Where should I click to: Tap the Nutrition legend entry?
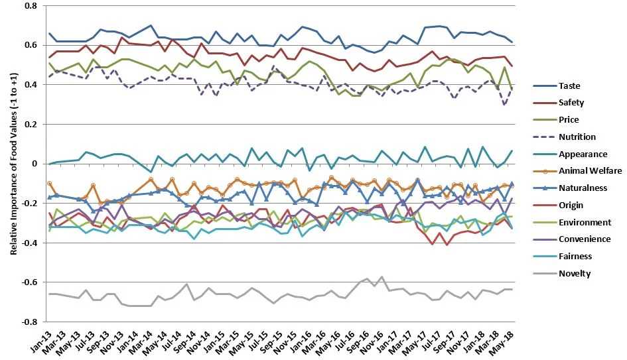pyautogui.click(x=577, y=137)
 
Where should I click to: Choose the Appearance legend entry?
pyautogui.click(x=582, y=154)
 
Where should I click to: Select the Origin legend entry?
pyautogui.click(x=571, y=205)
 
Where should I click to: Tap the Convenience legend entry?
pyautogui.click(x=583, y=239)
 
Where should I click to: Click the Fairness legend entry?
pyautogui.click(x=575, y=257)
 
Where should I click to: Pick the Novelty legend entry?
pyautogui.click(x=573, y=273)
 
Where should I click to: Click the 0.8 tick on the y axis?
pyautogui.click(x=31, y=6)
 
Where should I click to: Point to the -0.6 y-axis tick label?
pyautogui.click(x=30, y=282)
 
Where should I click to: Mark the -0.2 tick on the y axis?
pyautogui.click(x=30, y=204)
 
